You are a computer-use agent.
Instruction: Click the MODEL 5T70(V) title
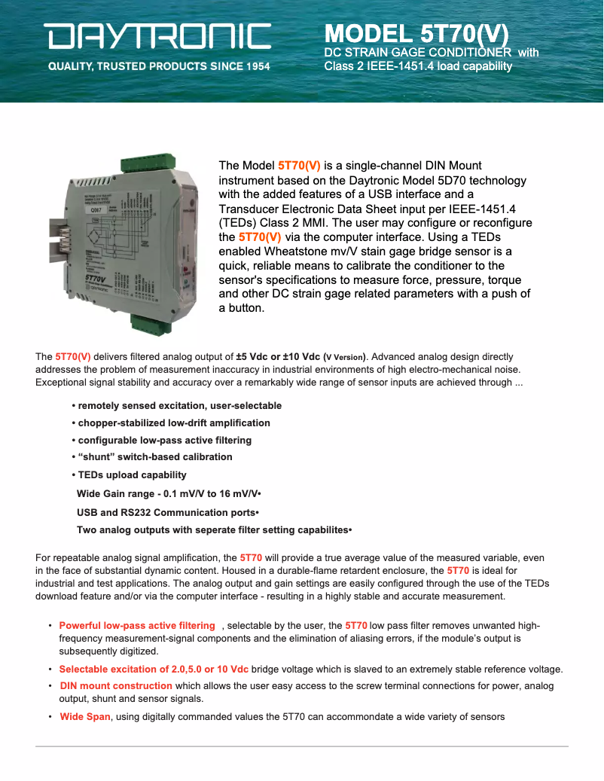point(416,35)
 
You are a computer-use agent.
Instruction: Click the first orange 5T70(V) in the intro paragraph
point(299,165)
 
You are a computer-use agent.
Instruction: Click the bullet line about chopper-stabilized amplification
point(173,423)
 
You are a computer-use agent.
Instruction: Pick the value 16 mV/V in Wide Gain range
point(232,494)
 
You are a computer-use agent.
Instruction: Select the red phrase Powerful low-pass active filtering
point(136,626)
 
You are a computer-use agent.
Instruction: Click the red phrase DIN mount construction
point(116,686)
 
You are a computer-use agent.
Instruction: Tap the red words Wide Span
point(85,716)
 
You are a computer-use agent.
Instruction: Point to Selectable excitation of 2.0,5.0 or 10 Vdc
point(154,669)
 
